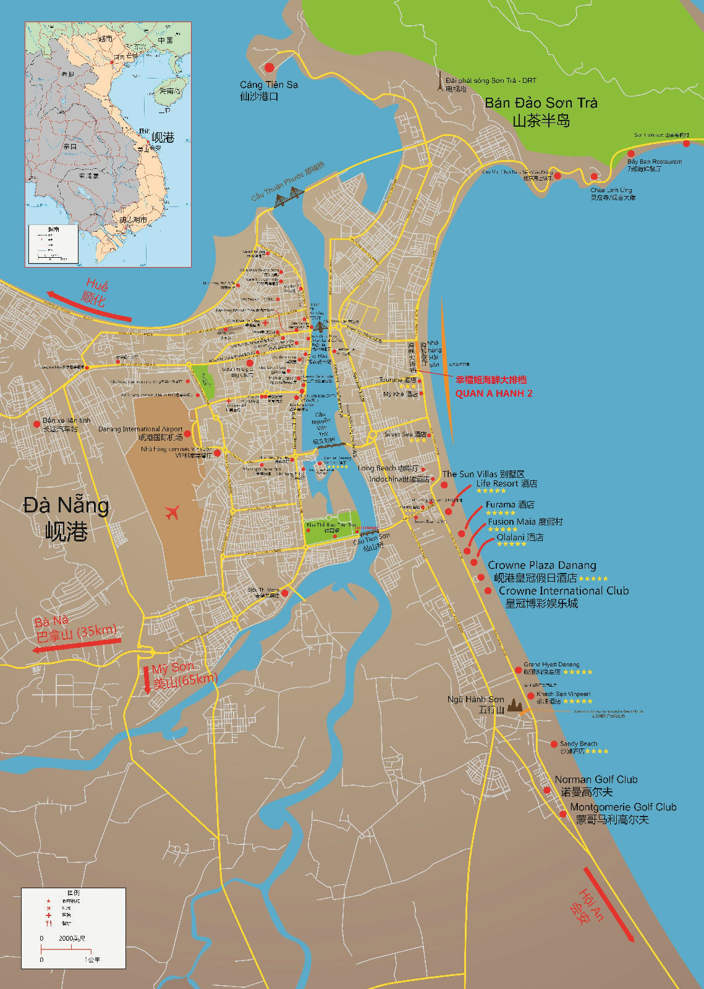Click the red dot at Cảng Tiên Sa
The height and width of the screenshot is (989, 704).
269,67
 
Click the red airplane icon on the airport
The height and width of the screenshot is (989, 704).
172,512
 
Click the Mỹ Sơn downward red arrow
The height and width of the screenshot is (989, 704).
147,679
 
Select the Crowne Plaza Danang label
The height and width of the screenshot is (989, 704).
541,565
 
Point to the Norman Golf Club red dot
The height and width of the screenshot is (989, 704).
547,791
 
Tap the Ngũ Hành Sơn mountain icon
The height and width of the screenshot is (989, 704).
515,705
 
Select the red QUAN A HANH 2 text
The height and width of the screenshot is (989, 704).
493,393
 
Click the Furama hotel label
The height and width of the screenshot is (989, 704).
509,504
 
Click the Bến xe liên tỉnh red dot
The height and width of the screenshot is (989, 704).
36,424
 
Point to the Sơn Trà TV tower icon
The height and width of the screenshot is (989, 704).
440,82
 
